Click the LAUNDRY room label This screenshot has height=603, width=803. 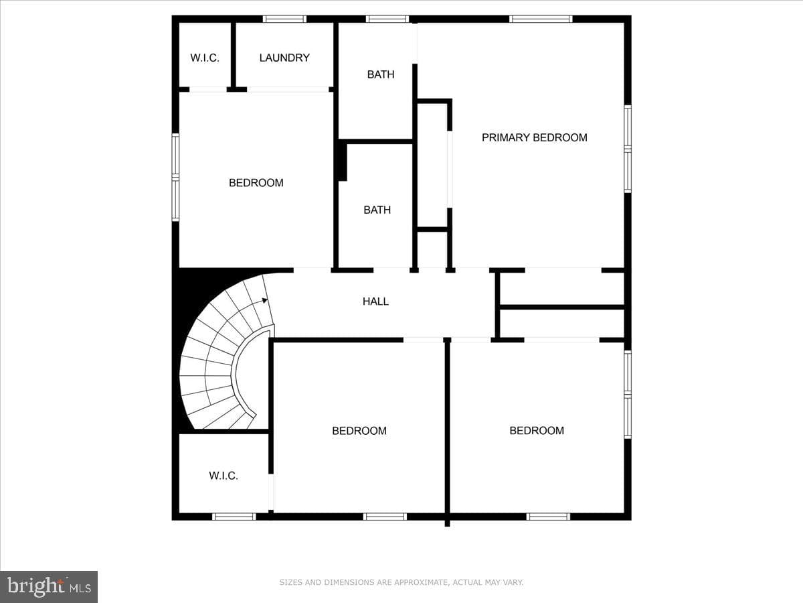(284, 58)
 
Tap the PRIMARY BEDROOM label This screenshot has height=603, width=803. (535, 137)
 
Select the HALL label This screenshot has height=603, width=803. (375, 301)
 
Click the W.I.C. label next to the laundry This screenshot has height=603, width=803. (205, 58)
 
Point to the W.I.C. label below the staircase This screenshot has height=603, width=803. (223, 476)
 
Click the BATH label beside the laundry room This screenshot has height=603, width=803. (381, 74)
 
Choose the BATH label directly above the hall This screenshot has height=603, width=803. (377, 210)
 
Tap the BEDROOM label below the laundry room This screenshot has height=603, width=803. (256, 183)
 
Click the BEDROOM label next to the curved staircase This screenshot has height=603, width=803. (359, 431)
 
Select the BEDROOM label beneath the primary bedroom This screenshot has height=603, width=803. (537, 430)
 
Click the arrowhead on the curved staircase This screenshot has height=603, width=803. (265, 301)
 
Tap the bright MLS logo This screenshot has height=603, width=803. (49, 586)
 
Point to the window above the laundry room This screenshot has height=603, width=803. (284, 19)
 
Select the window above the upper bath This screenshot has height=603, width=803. (387, 19)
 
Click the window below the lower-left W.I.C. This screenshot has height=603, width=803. (234, 517)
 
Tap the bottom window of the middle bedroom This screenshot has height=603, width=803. (385, 517)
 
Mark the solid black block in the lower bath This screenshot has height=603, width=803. (343, 161)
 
